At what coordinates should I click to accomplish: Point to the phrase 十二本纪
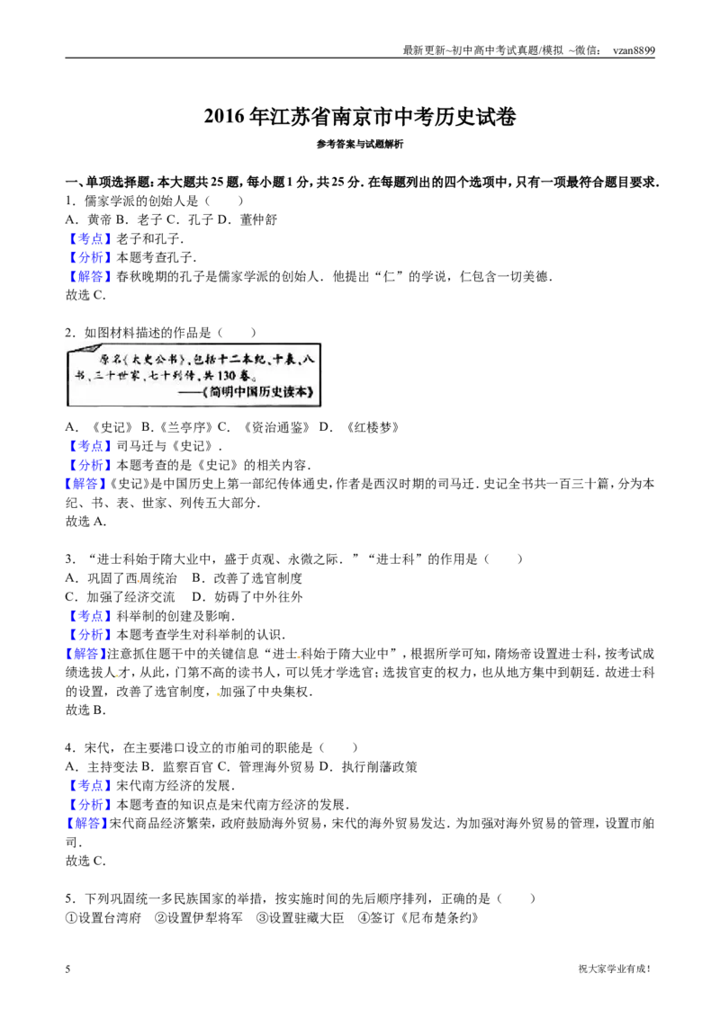pos(238,359)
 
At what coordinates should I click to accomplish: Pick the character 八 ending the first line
pos(308,359)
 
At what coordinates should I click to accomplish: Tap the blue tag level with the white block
pos(90,446)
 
